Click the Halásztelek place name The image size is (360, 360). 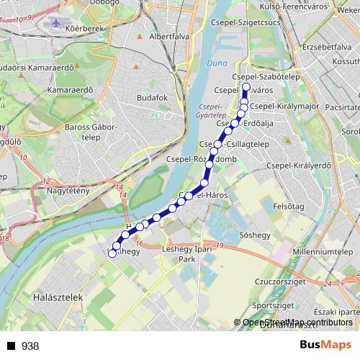pyautogui.click(x=55, y=297)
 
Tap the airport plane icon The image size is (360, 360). pyautogui.click(x=56, y=23)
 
